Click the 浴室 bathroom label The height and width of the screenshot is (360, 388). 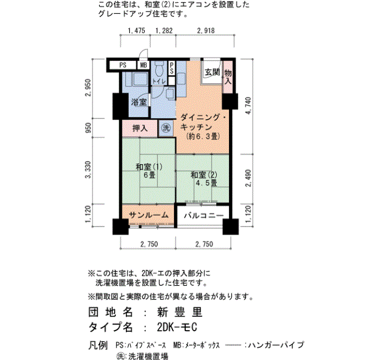click(x=139, y=102)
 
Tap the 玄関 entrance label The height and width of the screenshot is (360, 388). click(x=212, y=73)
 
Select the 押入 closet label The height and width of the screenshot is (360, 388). click(x=140, y=128)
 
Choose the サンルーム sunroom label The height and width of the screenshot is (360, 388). click(x=146, y=214)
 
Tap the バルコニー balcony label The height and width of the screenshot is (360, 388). click(x=204, y=215)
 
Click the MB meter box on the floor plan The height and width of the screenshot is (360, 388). click(x=143, y=65)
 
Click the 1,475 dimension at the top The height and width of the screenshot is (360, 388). click(x=136, y=31)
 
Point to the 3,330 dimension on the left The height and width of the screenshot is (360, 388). click(x=88, y=169)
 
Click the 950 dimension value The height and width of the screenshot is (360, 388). click(x=88, y=128)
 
